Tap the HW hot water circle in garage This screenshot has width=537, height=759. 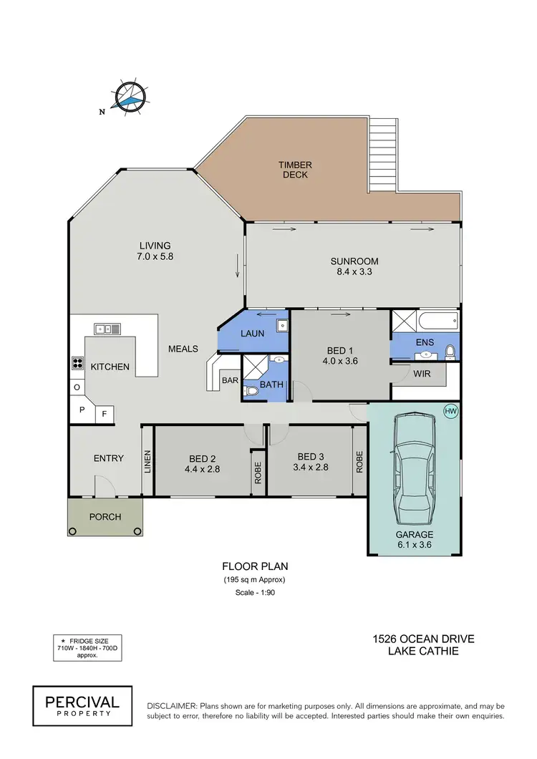450,411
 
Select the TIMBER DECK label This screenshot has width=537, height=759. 296,170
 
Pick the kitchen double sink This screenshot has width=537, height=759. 107,329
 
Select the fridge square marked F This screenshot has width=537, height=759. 104,413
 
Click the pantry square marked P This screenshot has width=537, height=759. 82,410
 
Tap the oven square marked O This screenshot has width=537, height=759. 77,387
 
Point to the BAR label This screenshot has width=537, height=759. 230,380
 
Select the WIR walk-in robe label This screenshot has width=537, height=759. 421,374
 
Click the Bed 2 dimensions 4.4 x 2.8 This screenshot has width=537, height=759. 203,471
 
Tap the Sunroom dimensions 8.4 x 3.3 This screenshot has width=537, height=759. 354,272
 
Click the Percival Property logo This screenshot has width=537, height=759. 82,702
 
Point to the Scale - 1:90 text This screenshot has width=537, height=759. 255,594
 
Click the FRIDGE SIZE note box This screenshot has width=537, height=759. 87,646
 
